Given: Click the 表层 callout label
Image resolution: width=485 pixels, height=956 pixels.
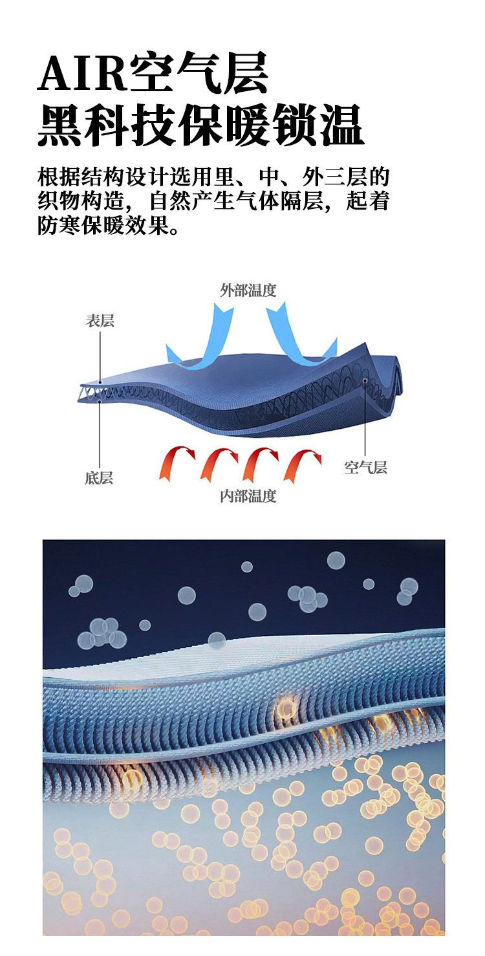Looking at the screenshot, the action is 100,321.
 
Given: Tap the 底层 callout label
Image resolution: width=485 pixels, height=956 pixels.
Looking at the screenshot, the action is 99,478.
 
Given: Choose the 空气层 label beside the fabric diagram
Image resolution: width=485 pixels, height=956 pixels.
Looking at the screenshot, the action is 365,467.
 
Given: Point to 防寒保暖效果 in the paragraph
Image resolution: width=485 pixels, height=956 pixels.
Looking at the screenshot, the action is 100,226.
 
